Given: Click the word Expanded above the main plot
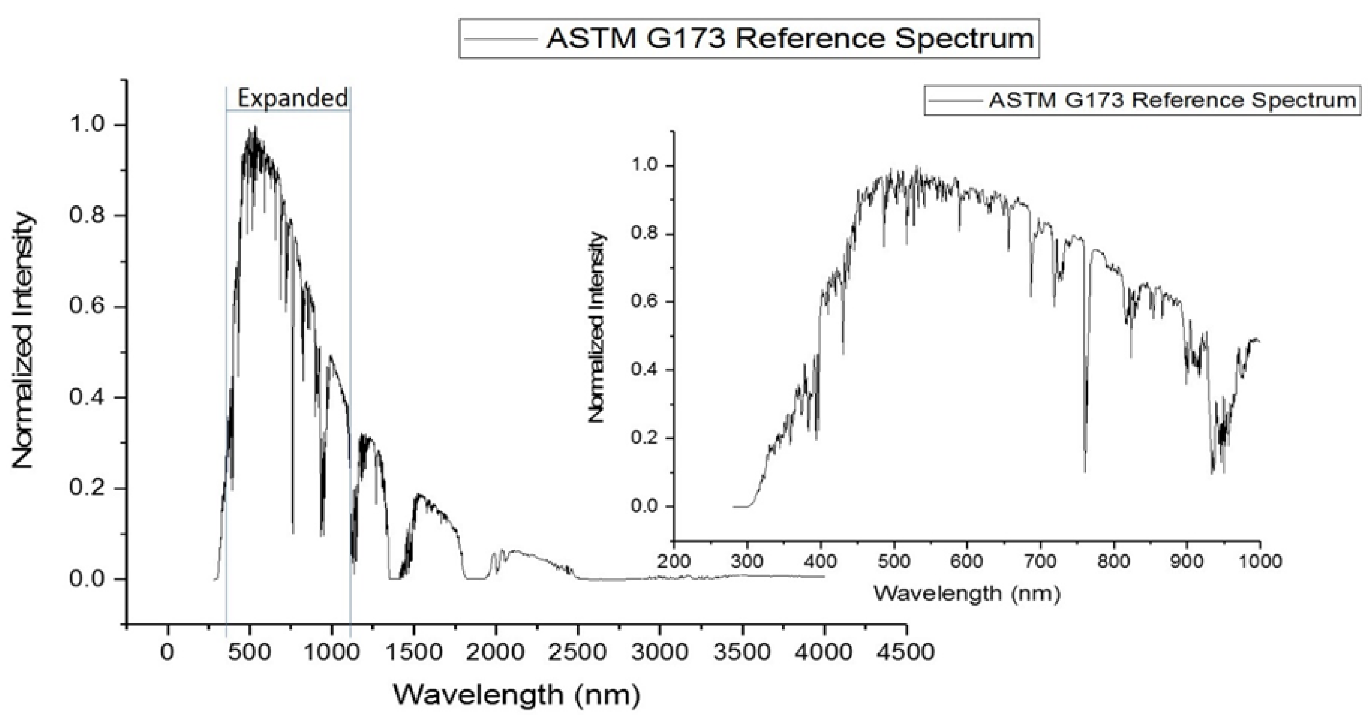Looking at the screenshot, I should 293,99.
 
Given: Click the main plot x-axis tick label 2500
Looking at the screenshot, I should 577,652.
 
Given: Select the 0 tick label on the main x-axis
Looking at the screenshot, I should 168,652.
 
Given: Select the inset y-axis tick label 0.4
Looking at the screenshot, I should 645,370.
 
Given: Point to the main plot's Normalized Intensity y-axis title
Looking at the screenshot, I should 24,340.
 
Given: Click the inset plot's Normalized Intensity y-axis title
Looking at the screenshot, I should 597,327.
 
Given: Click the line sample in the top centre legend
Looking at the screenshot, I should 500,38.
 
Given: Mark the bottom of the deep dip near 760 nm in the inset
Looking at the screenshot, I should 1085,470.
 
